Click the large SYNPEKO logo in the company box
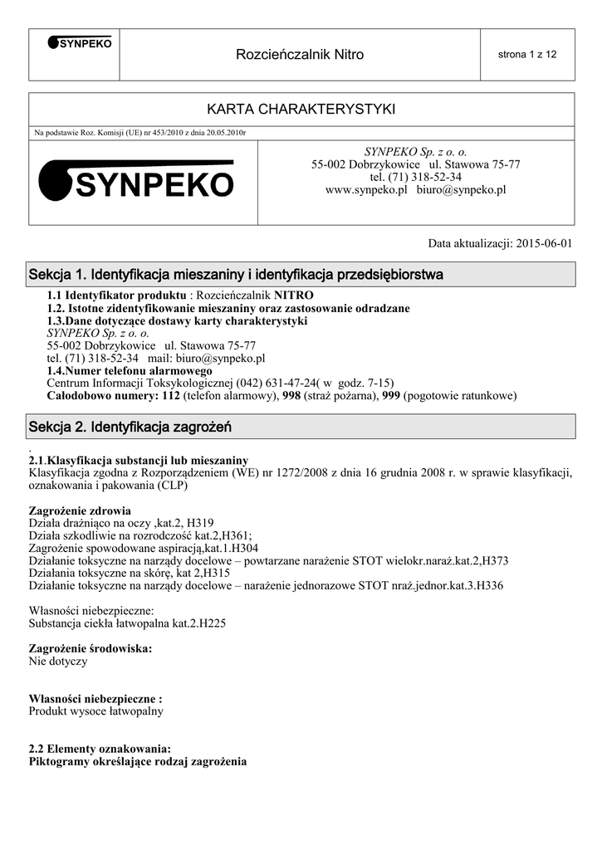[x=138, y=180]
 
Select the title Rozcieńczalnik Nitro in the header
[x=300, y=55]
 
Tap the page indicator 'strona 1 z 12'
[x=526, y=55]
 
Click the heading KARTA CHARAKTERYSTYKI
[x=301, y=110]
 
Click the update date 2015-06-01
[x=545, y=244]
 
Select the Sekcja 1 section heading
[x=236, y=274]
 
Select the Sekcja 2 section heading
[x=130, y=427]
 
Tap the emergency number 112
[x=171, y=396]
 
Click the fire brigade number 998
[x=291, y=396]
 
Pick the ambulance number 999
[x=391, y=396]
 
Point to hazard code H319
[x=199, y=523]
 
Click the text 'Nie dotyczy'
[x=58, y=662]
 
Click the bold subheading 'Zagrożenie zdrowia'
[x=80, y=510]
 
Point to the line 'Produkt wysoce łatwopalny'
[x=96, y=711]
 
